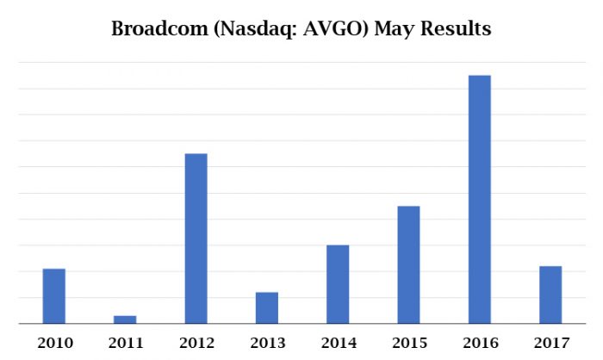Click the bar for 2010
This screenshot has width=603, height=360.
(x=54, y=296)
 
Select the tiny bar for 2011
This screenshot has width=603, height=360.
(x=125, y=320)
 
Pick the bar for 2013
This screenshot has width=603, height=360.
(x=267, y=308)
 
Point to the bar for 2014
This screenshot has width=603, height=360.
(x=338, y=284)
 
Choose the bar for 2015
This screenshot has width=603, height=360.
(x=408, y=264)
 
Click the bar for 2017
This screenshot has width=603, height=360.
(x=550, y=295)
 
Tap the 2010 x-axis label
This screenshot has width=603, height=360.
(x=54, y=343)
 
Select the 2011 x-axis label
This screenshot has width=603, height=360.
(x=125, y=343)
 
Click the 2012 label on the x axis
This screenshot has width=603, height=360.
(x=196, y=343)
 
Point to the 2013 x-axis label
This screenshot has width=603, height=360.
(x=267, y=343)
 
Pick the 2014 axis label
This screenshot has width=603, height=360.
(x=338, y=343)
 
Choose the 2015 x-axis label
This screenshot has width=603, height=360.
(x=408, y=343)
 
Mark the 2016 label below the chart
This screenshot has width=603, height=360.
(x=479, y=343)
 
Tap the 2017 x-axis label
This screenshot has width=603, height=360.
(x=550, y=343)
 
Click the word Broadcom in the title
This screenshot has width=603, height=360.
(x=158, y=28)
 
